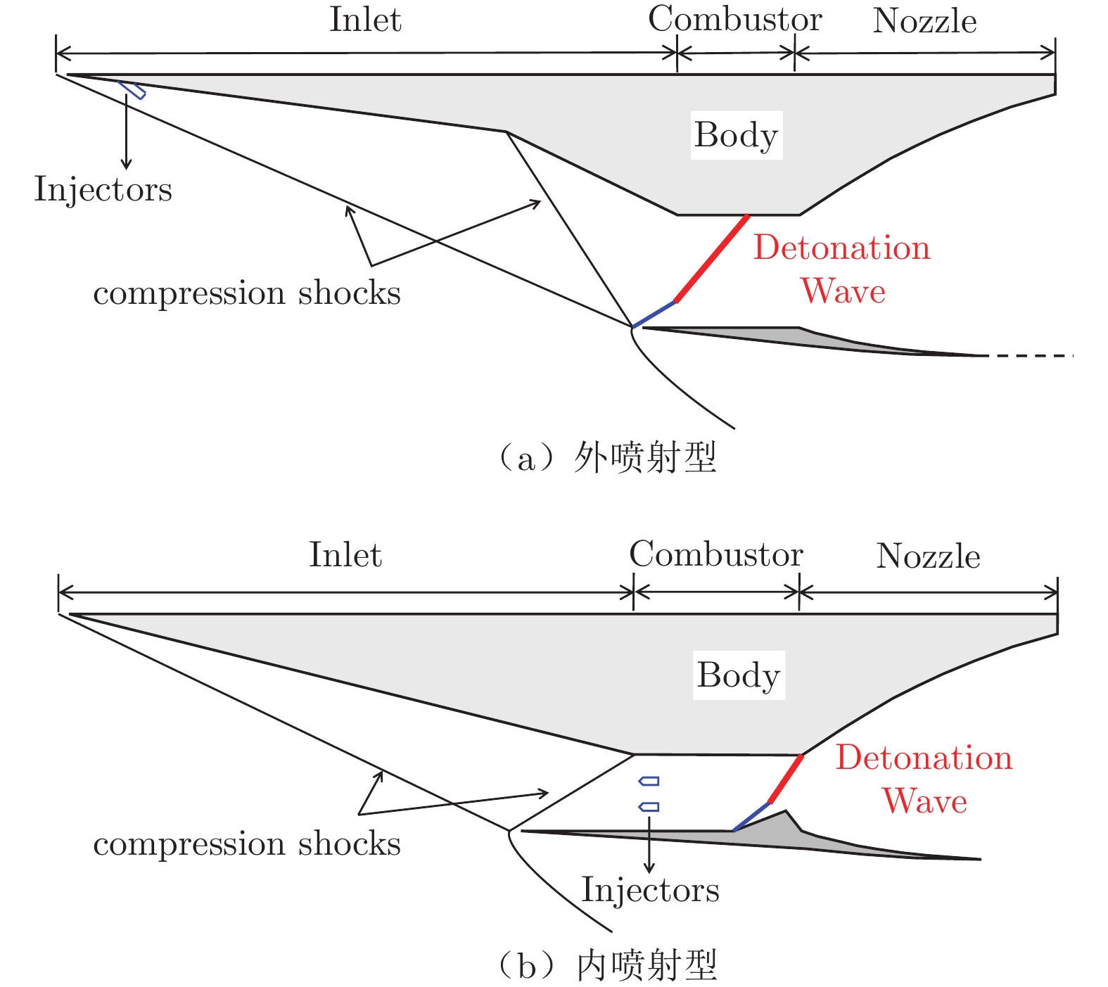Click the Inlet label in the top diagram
(x=365, y=20)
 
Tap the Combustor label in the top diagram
(x=734, y=20)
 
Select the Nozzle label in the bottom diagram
(x=928, y=556)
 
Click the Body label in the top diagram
(x=736, y=135)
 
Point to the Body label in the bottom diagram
(x=739, y=675)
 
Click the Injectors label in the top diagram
(x=103, y=189)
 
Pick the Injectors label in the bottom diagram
(x=650, y=890)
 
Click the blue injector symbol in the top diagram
(x=132, y=89)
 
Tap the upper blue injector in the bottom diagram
(x=649, y=781)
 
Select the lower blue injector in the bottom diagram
(x=649, y=807)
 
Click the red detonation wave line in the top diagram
(x=712, y=258)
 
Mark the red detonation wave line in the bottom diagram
(x=787, y=779)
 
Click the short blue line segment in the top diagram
(x=654, y=314)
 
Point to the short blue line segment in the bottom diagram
(x=752, y=816)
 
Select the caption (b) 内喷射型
(x=606, y=965)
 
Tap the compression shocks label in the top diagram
(x=246, y=293)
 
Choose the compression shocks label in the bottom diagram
(x=246, y=844)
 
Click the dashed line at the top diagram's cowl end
(x=1031, y=356)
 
